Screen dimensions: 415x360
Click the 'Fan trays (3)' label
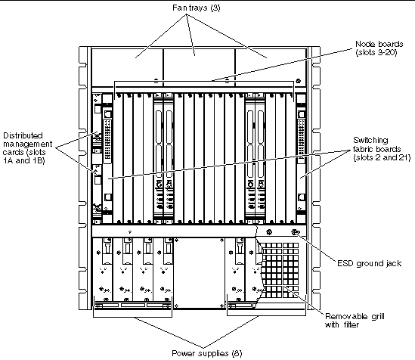tap(196, 8)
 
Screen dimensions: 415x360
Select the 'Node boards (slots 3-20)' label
tap(379, 48)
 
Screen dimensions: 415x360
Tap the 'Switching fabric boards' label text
tap(382, 149)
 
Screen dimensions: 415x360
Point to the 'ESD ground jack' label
tap(369, 263)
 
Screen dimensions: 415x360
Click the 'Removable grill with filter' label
tap(355, 321)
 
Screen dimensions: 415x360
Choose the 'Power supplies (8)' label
tap(206, 353)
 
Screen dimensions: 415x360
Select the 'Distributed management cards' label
tap(27, 148)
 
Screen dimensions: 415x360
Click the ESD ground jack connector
tap(295, 232)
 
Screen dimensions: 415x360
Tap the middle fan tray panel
tap(199, 68)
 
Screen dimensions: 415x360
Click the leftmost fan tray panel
tap(127, 68)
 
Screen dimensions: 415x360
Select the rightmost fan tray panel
tap(271, 68)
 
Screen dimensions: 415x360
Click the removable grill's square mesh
tap(280, 270)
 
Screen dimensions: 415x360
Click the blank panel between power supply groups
tap(200, 272)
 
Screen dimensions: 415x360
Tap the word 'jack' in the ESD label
tap(393, 264)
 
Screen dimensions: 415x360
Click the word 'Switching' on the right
tap(370, 141)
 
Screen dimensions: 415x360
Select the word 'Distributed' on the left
tap(23, 135)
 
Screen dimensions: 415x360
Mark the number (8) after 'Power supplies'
tap(237, 353)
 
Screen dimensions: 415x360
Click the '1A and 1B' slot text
tap(24, 160)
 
